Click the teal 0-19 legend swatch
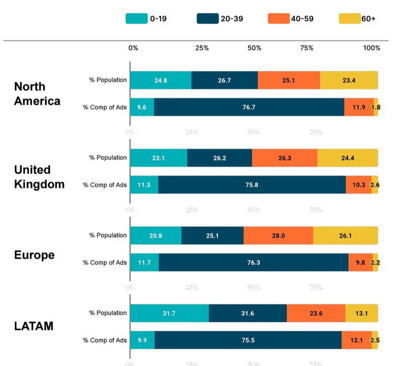click(136, 19)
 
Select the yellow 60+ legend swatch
click(349, 19)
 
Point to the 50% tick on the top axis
click(254, 48)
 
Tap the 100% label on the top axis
click(371, 48)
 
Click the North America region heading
click(37, 94)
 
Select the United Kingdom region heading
click(39, 177)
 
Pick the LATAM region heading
click(33, 326)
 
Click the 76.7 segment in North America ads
click(249, 107)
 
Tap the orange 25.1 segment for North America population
click(289, 81)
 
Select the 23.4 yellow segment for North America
click(349, 81)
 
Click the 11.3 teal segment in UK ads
click(144, 185)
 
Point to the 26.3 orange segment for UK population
click(285, 158)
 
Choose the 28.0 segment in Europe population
click(278, 236)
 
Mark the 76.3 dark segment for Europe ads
click(253, 262)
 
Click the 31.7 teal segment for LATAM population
click(169, 314)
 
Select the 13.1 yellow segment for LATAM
click(361, 314)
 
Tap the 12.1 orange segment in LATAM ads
click(356, 340)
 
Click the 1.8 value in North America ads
click(376, 107)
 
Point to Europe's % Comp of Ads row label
click(105, 262)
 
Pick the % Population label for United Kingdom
click(108, 158)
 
